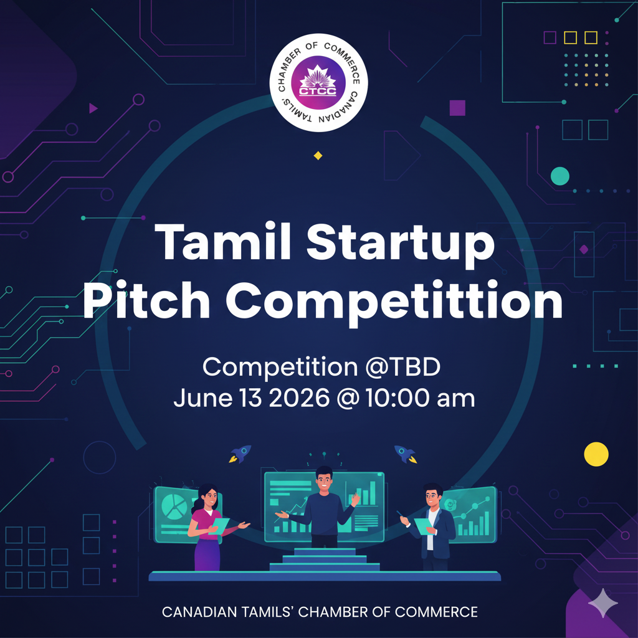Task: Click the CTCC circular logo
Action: [318, 83]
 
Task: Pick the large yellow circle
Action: [596, 454]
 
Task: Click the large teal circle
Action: [560, 176]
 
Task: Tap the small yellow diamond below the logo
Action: [318, 155]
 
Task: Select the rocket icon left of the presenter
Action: [240, 454]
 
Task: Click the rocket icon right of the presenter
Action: [405, 454]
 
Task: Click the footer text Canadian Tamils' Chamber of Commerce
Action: [320, 612]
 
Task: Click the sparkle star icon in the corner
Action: [603, 602]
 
